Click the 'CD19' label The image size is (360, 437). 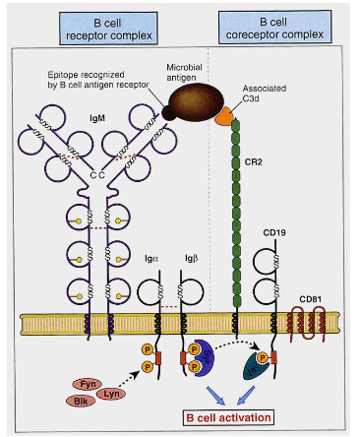[276, 233]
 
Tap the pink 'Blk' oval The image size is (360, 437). [74, 401]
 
